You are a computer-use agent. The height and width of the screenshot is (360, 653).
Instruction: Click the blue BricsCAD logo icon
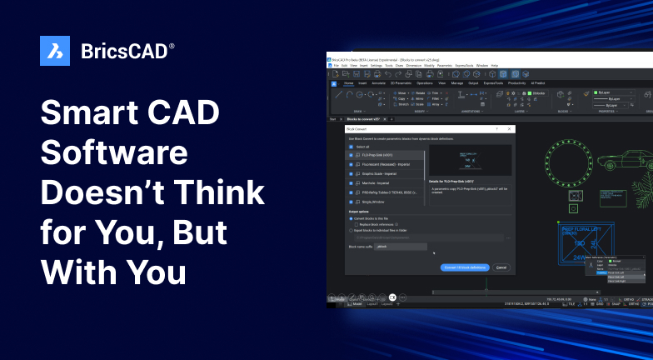(55, 51)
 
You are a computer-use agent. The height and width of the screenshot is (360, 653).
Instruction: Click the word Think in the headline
(218, 193)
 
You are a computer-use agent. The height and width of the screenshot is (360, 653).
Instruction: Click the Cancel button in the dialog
(501, 267)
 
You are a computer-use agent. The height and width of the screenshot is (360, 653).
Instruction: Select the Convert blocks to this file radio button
(351, 218)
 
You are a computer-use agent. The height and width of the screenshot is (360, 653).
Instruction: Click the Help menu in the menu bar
(494, 65)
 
